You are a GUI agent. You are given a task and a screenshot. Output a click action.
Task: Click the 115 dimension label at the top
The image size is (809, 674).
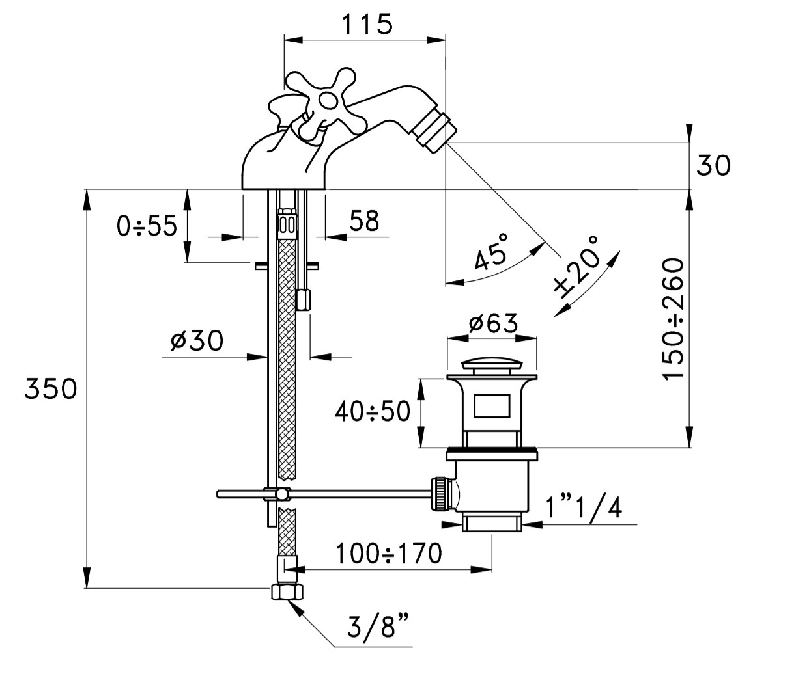coord(367,24)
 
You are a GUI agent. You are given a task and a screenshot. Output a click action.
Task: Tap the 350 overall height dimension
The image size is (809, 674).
coord(51,389)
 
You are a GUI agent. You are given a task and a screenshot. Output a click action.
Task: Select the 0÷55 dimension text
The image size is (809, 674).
coord(147,226)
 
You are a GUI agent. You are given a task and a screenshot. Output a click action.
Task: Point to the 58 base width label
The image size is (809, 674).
coord(364,221)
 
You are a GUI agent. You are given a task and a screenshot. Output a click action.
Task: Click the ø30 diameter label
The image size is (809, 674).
coord(197,340)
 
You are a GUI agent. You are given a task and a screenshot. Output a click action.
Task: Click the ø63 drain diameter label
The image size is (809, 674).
coord(493,323)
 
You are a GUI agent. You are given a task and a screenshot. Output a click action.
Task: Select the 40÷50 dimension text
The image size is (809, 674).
coord(373,411)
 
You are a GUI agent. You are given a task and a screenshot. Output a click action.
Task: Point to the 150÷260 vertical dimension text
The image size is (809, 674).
coord(674,319)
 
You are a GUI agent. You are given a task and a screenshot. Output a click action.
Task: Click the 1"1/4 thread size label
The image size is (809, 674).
coord(584,507)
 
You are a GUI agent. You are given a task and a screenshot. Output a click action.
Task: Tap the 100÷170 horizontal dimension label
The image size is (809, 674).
coord(389,554)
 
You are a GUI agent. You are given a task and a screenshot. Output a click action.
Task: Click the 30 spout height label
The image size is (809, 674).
coord(713,165)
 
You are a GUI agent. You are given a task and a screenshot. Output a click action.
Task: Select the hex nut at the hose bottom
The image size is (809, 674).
coord(287,592)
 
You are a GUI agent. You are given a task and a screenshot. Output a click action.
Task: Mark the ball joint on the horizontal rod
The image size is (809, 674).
coord(283,494)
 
